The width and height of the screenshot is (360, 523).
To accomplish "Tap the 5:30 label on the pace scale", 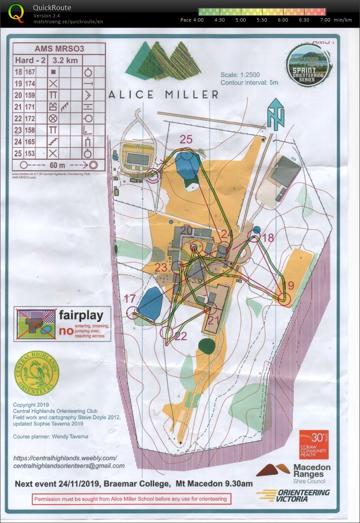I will coord(261,20).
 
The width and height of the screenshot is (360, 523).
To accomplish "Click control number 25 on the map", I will coord(186,139).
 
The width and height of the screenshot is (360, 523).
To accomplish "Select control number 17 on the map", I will coord(130,299).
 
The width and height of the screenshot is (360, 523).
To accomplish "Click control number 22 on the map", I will coord(180,336).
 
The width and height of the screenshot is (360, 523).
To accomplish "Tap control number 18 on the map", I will coord(268,238).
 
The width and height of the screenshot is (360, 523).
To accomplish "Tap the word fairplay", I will coord(81,315).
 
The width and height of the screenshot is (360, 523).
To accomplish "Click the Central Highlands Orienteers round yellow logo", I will coord(37,373).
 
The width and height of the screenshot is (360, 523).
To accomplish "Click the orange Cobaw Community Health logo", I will coord(314,444).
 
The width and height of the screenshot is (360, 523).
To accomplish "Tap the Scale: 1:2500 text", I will coord(240,75).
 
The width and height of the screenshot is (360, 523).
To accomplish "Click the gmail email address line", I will coord(69,465).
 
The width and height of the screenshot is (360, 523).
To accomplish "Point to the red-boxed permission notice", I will coord(131,499).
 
